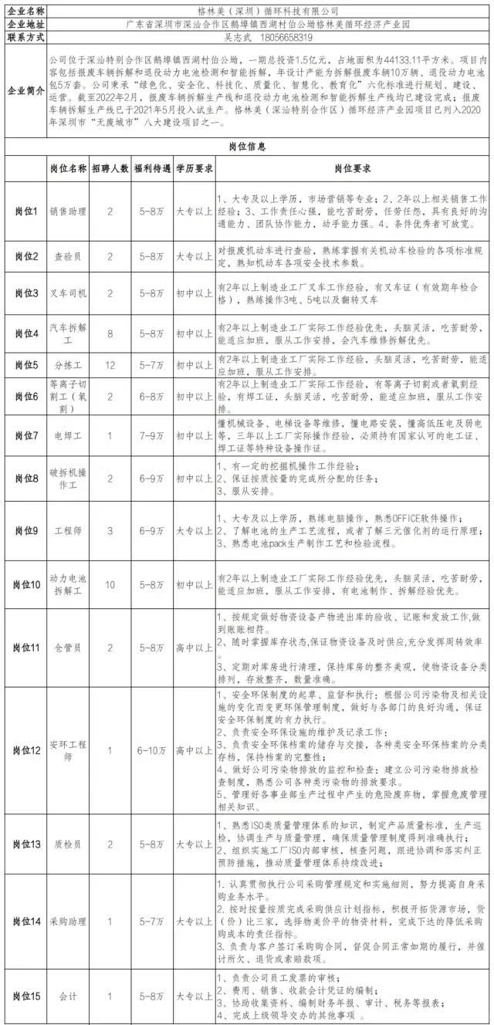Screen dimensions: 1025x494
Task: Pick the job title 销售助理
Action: [x=68, y=211]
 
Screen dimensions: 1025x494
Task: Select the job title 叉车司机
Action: [x=68, y=293]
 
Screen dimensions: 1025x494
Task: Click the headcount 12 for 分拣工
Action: [x=110, y=363]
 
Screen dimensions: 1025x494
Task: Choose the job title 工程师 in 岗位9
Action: [x=68, y=532]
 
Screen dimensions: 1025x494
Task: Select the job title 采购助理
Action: [x=68, y=921]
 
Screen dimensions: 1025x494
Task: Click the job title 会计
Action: [x=68, y=996]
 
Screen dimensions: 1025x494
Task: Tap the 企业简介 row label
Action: [x=24, y=90]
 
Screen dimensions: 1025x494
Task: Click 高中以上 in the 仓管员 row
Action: [x=194, y=648]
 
